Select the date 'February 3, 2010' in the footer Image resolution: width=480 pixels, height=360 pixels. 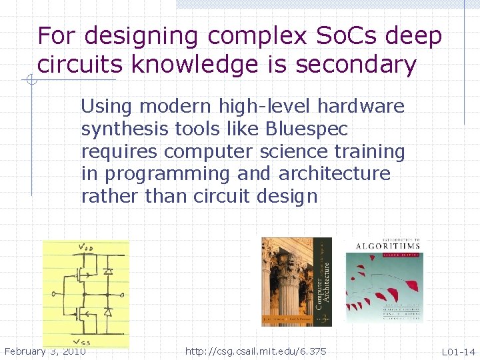(45, 351)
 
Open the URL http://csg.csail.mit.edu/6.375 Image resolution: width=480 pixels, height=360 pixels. (256, 351)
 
